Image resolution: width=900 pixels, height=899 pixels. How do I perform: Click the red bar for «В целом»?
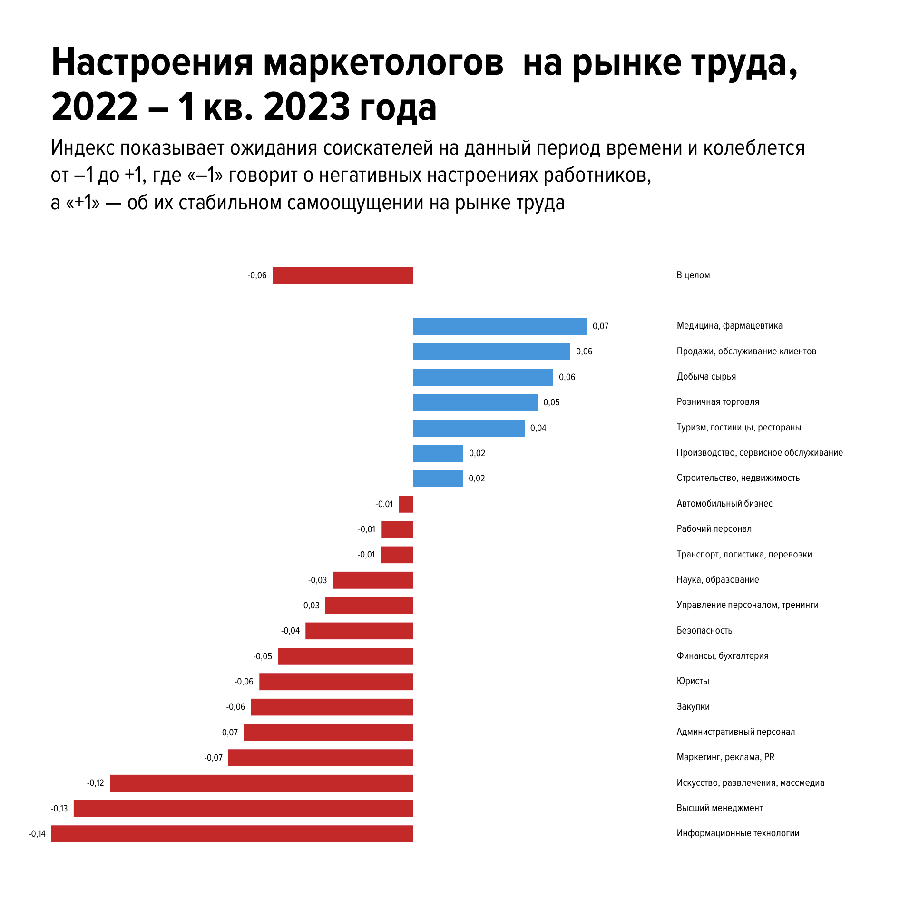[342, 276]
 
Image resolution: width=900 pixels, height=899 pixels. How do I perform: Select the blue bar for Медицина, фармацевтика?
[499, 327]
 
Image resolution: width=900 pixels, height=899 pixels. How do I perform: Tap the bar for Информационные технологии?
[232, 834]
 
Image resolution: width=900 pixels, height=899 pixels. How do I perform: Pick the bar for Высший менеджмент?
[243, 809]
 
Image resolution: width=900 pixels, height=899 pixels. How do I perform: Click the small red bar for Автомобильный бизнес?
[406, 504]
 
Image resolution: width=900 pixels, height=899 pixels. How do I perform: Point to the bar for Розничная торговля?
[475, 402]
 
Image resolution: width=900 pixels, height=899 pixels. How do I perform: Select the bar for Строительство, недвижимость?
[438, 479]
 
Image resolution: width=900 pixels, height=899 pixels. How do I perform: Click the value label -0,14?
[37, 834]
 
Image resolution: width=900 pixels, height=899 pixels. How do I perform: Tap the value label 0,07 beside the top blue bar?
[600, 326]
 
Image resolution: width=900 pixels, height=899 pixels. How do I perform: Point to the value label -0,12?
[96, 783]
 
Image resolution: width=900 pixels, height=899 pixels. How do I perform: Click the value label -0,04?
[290, 631]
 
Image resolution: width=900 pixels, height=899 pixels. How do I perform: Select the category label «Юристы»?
[693, 681]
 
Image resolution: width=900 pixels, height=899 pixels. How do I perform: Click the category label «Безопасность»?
[704, 631]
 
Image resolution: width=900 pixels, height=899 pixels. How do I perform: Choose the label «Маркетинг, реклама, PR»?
[725, 757]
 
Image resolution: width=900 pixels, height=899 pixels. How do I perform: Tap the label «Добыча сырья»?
[706, 377]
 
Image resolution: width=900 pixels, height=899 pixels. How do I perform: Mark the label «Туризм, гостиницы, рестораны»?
[739, 428]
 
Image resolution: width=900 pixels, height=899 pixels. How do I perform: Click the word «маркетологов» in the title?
[383, 63]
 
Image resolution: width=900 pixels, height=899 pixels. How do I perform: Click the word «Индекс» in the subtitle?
[82, 148]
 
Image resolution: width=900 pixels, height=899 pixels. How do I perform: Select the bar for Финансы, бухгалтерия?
[345, 656]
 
